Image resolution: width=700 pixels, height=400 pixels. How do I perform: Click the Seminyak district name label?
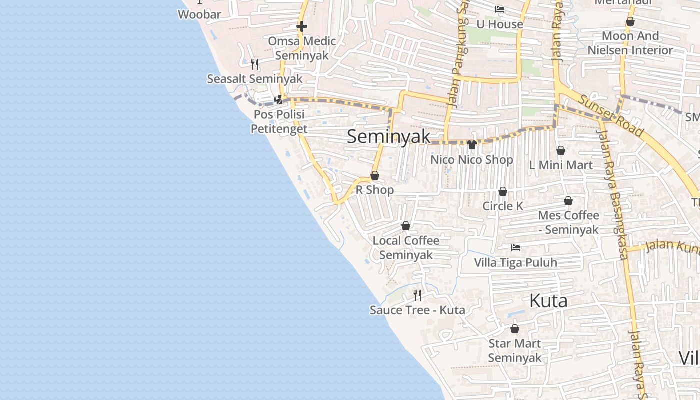(388, 136)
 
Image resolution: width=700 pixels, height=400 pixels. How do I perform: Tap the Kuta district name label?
(548, 301)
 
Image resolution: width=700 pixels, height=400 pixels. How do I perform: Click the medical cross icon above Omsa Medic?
(302, 26)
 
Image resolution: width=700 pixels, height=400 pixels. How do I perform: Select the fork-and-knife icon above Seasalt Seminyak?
(255, 64)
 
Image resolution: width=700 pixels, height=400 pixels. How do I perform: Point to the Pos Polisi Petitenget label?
(278, 121)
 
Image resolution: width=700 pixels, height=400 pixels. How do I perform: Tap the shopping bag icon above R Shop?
(374, 175)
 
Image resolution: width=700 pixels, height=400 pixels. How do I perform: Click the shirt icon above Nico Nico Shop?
(471, 145)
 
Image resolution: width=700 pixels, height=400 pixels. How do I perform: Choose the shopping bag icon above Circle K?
(503, 191)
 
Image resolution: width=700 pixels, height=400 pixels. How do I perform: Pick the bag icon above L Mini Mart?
(561, 150)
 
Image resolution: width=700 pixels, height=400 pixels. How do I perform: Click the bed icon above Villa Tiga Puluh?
(516, 248)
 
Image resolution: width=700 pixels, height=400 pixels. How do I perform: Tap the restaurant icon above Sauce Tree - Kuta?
(417, 295)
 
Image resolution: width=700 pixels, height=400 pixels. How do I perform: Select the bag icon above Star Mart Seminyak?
(515, 329)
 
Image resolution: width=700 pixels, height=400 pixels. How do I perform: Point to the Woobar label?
(199, 14)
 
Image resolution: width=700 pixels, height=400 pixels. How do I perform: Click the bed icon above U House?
(499, 9)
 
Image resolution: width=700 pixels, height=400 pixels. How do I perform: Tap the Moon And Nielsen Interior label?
(630, 43)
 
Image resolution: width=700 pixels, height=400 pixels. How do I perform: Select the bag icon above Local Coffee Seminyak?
(406, 226)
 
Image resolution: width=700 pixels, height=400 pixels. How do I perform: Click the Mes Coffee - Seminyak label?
(568, 222)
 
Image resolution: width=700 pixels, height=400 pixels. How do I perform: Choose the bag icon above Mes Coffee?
(568, 201)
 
